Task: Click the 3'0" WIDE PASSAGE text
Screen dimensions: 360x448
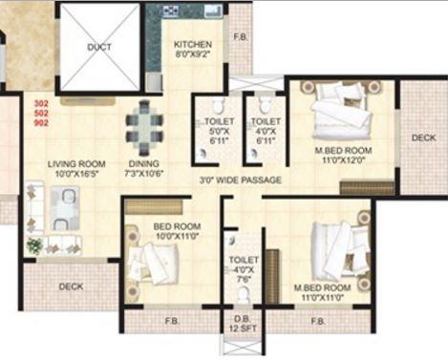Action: click(241, 180)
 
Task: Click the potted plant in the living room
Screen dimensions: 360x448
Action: click(35, 246)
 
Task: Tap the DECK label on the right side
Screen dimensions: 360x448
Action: click(423, 138)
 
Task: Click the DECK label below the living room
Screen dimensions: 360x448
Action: click(71, 286)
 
